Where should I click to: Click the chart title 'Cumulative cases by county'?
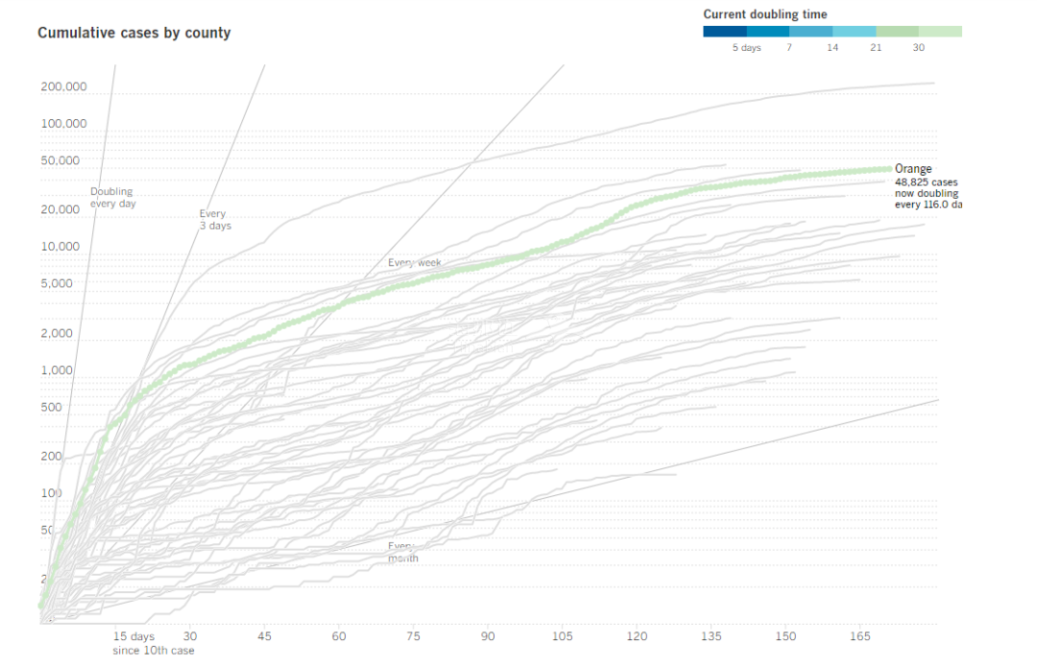click(133, 33)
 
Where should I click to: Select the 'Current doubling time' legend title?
click(764, 14)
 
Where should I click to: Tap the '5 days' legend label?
click(746, 48)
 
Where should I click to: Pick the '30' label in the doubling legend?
click(919, 48)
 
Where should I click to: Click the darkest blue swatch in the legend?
click(724, 32)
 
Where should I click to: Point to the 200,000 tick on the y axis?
click(63, 87)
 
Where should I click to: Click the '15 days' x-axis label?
click(133, 636)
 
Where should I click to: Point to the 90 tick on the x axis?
click(488, 636)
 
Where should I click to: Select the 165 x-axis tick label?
click(860, 636)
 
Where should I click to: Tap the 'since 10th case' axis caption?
click(153, 651)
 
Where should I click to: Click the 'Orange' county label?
click(913, 169)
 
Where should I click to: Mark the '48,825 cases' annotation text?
click(926, 181)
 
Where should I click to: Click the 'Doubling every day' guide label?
click(111, 198)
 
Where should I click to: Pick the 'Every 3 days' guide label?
click(214, 220)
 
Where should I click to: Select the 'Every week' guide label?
click(414, 262)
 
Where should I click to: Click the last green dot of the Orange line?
click(888, 169)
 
